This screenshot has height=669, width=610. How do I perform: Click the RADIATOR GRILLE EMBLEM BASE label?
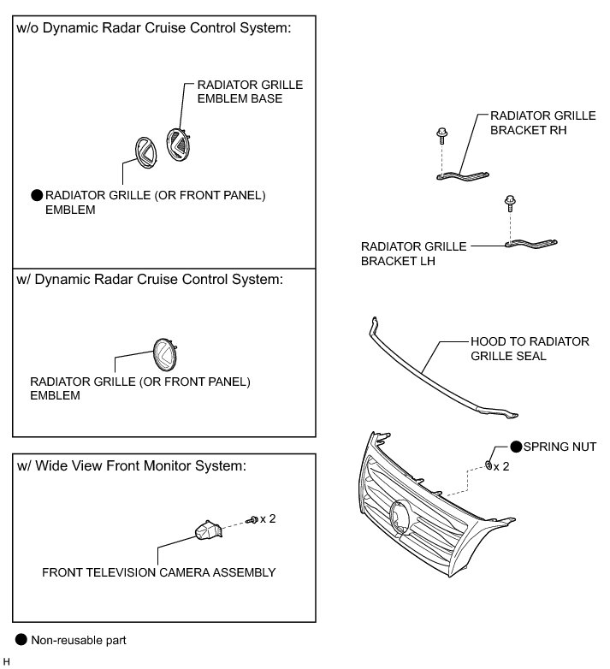[x=250, y=92]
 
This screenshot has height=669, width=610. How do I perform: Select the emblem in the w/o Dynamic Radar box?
[x=142, y=151]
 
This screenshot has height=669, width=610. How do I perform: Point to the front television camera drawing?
[x=207, y=530]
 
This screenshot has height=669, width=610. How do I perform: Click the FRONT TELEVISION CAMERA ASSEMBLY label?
[x=159, y=572]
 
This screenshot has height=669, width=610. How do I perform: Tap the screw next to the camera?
[x=252, y=520]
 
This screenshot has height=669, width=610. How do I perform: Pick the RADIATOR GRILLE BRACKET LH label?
[x=413, y=253]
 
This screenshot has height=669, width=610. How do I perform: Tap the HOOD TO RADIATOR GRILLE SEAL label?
[x=530, y=348]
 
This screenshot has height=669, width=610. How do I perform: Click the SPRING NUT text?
[x=560, y=447]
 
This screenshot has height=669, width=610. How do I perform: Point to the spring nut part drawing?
[x=487, y=465]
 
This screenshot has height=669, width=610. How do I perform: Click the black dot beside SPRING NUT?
[x=516, y=447]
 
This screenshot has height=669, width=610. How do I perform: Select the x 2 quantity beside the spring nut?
[x=501, y=467]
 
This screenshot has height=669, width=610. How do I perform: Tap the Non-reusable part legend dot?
[x=21, y=639]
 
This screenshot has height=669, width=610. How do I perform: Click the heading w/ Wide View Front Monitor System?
[x=131, y=466]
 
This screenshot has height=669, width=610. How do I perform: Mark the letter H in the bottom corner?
[x=7, y=662]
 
